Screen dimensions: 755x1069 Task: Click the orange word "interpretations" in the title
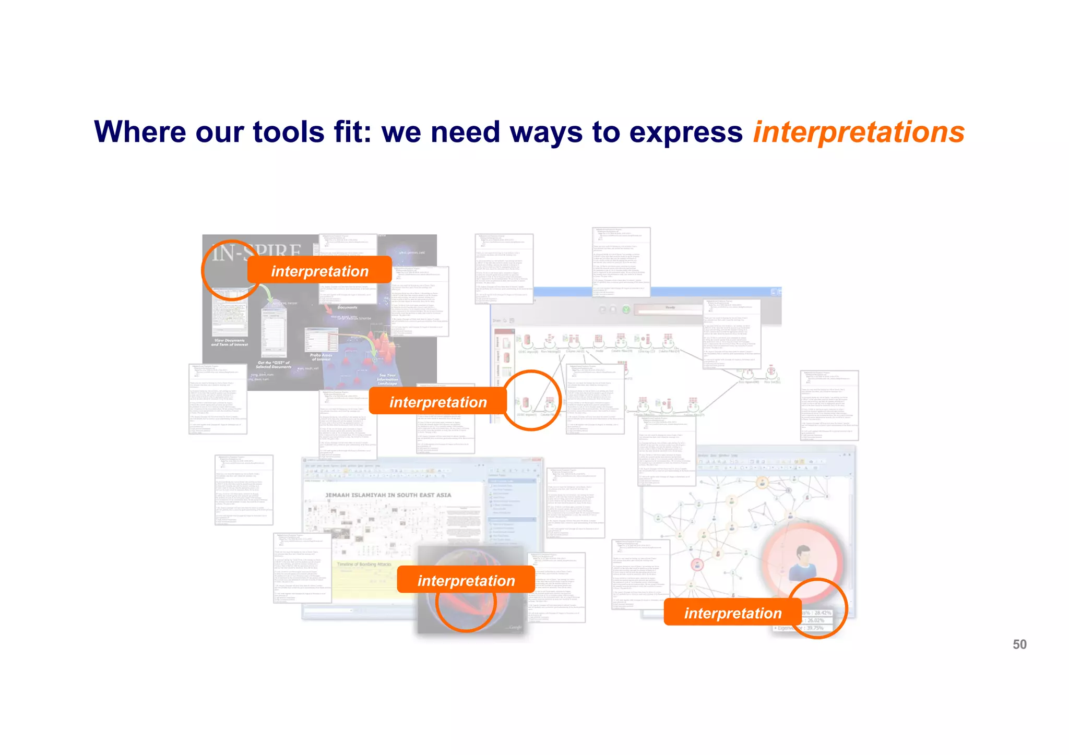coord(858,133)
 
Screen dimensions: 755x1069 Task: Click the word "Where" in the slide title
coord(137,131)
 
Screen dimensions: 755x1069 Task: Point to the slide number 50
coord(1019,644)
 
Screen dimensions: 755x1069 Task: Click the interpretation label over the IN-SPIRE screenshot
coord(319,271)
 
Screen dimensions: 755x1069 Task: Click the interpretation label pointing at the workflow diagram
coord(437,402)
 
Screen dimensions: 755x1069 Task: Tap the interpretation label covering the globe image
coord(466,580)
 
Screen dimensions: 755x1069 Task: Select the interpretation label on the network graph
coord(732,613)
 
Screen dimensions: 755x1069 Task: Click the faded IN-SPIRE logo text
coord(256,253)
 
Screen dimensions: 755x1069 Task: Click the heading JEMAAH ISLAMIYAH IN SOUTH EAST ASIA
coord(388,495)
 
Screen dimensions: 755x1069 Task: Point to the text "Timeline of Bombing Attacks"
coord(364,565)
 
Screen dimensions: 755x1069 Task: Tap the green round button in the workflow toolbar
coord(626,310)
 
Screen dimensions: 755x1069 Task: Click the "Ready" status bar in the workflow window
coord(670,308)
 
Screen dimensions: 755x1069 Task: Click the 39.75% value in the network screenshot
coord(814,628)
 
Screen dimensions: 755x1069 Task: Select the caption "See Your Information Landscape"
coord(387,379)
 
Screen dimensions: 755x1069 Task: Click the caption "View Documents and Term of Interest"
coord(229,342)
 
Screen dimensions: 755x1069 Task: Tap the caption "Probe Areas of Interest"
coord(321,357)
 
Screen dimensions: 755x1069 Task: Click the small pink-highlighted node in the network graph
coord(697,565)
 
